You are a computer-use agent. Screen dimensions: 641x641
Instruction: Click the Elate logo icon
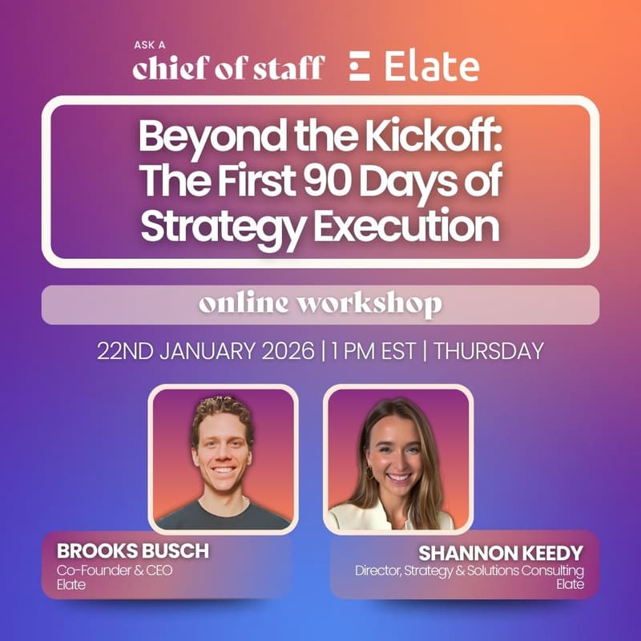point(360,67)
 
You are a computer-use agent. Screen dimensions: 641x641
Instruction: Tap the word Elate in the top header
point(432,67)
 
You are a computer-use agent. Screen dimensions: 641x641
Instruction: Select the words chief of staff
point(229,68)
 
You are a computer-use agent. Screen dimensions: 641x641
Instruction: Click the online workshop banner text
point(320,305)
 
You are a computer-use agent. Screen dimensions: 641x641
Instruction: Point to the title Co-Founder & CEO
point(115,570)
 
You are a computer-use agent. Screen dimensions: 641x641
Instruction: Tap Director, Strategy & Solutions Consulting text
point(470,570)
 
